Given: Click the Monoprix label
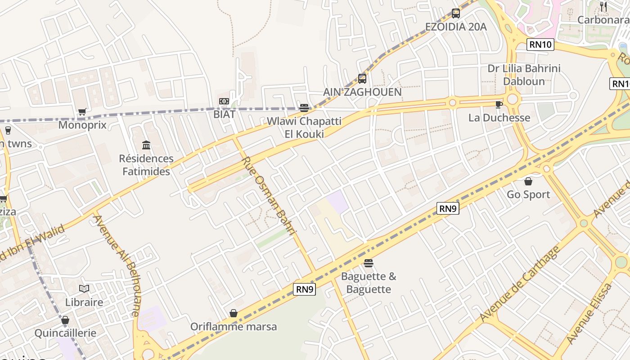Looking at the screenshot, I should [82, 125].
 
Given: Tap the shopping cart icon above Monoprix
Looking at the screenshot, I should [82, 112].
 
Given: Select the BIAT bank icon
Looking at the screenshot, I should [224, 101].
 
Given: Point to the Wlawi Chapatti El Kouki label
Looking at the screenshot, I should [304, 127].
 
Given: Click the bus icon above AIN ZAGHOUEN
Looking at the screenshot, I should [362, 79].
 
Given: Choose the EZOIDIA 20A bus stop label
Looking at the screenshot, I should [456, 27].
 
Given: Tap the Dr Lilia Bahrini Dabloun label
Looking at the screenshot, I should [524, 75].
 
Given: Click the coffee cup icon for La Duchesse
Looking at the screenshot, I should [499, 104].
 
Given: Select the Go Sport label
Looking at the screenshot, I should [528, 194].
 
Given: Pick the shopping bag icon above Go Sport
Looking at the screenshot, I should [528, 181].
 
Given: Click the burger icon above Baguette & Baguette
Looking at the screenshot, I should [369, 263].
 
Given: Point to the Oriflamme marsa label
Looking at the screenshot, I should [234, 326].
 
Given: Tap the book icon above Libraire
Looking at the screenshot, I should [84, 288].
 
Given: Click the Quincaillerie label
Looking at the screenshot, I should [66, 333].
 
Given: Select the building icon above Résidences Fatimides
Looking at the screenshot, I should [146, 145].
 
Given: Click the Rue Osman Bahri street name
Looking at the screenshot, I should [269, 195].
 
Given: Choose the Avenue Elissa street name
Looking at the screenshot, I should [589, 313].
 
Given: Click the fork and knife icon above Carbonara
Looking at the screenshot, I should [603, 7].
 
